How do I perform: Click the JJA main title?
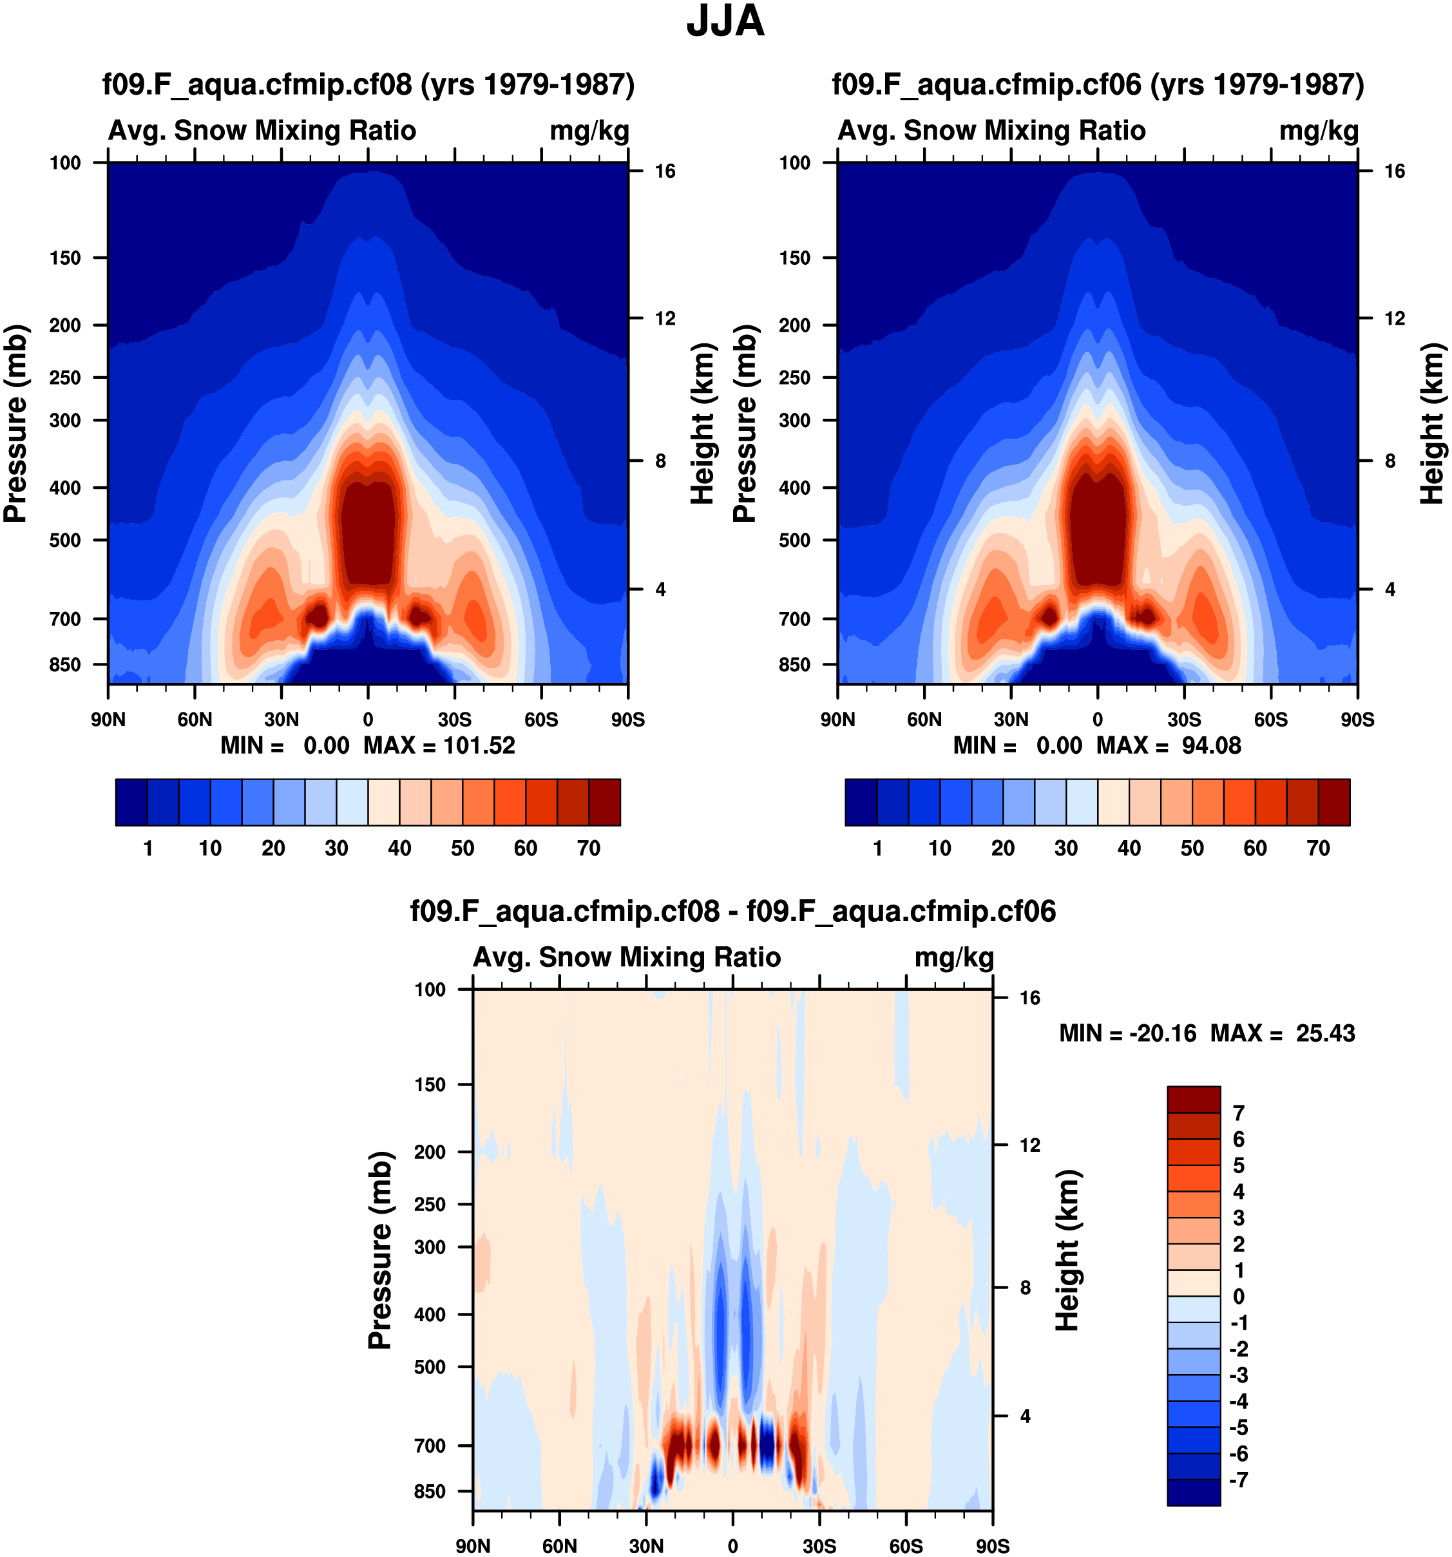(x=725, y=22)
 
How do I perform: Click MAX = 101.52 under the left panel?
(x=439, y=745)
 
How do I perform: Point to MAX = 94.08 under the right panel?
(x=1169, y=745)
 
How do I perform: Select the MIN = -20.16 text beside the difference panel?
(x=1128, y=1033)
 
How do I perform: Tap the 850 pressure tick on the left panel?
(x=65, y=664)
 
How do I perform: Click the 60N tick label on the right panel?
(x=924, y=719)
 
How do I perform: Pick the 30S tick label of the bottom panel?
(x=819, y=1546)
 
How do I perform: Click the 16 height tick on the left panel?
(x=665, y=171)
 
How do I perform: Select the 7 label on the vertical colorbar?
(x=1238, y=1113)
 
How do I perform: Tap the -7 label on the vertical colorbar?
(x=1238, y=1480)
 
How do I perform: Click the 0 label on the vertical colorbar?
(x=1238, y=1296)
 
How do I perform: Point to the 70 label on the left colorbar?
(x=588, y=848)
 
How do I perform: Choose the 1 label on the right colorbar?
(x=877, y=848)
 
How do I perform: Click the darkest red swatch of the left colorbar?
(x=605, y=802)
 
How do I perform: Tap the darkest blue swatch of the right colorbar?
(x=861, y=802)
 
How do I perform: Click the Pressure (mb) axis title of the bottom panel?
(x=380, y=1250)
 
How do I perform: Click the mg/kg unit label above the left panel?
(x=589, y=130)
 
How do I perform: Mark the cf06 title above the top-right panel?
(x=1097, y=84)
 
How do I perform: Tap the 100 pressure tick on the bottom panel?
(x=430, y=989)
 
